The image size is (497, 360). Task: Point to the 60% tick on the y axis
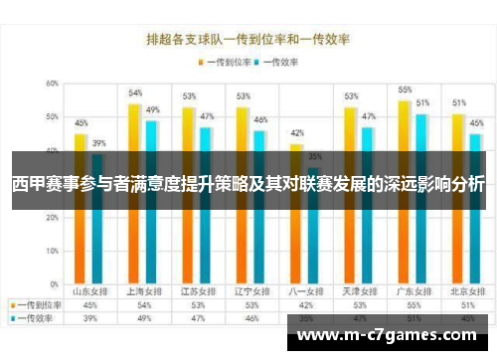click(x=51, y=84)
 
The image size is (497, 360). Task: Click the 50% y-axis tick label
click(x=51, y=117)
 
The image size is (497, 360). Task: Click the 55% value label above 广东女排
click(x=405, y=90)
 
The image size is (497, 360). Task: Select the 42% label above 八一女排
click(x=296, y=133)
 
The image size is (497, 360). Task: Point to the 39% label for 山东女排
click(x=98, y=143)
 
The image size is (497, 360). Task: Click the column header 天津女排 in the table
click(x=351, y=292)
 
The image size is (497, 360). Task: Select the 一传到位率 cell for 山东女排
click(x=89, y=306)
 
